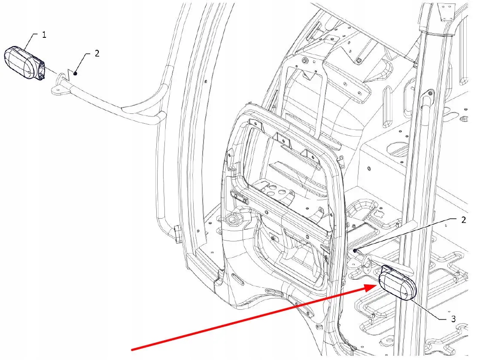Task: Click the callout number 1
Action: [44, 35]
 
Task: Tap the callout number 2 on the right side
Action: [463, 220]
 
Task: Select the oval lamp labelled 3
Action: [398, 283]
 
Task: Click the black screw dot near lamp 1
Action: [75, 73]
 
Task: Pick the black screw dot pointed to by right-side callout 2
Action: [355, 250]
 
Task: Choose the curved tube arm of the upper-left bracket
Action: [129, 109]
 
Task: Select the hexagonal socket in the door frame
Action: [234, 220]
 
